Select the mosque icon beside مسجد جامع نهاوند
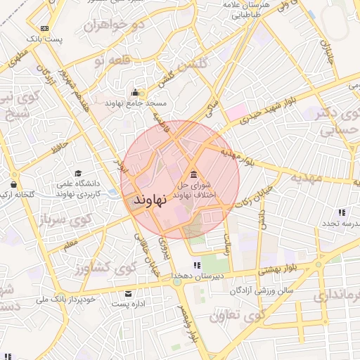(135, 93)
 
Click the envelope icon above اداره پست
(127, 293)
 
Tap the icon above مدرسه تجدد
(341, 212)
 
